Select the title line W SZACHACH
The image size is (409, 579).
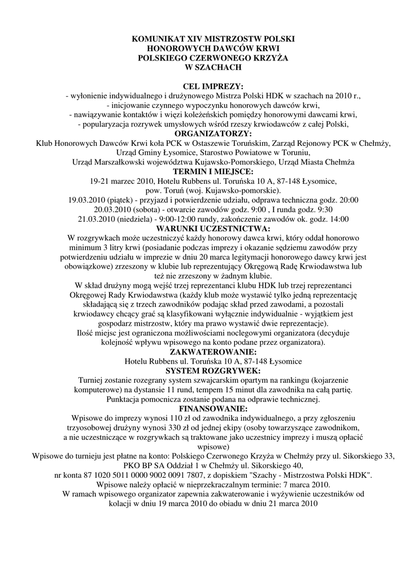pyautogui.click(x=204, y=67)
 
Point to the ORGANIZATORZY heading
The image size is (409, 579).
pyautogui.click(x=204, y=133)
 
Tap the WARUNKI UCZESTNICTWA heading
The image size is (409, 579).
pyautogui.click(x=204, y=229)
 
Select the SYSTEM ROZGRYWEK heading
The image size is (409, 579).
pyautogui.click(x=204, y=371)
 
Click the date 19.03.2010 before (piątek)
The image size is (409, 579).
pyautogui.click(x=86, y=200)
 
